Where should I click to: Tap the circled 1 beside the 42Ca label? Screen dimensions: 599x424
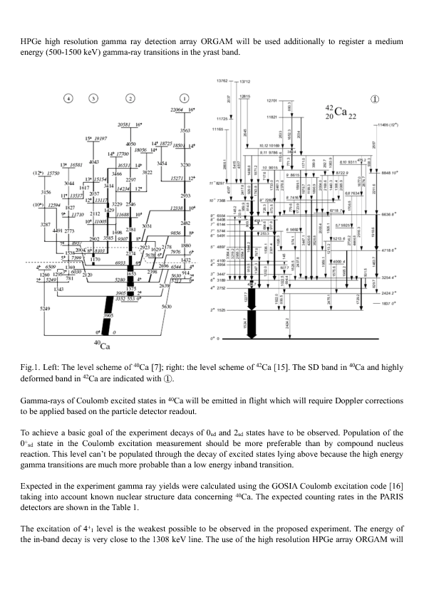click(x=375, y=99)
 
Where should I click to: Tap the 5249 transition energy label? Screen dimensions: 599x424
click(x=46, y=308)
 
